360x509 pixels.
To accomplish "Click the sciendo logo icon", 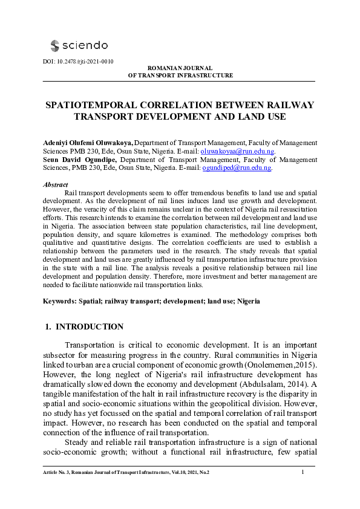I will pyautogui.click(x=55, y=45).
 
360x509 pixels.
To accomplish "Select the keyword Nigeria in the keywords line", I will pyautogui.click(x=247, y=300).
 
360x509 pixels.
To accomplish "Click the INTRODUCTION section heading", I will pyautogui.click(x=90, y=327).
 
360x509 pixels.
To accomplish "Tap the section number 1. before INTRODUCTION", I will pyautogui.click(x=48, y=327).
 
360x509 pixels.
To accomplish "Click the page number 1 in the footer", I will pyautogui.click(x=302, y=472).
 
